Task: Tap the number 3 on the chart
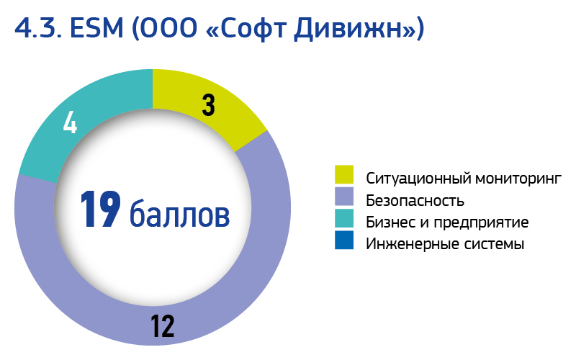(x=208, y=106)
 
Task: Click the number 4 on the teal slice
(x=70, y=123)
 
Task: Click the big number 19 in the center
(x=100, y=210)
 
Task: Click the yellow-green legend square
(x=344, y=175)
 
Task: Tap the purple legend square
(x=344, y=197)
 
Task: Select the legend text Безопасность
(x=415, y=200)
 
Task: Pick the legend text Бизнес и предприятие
(x=447, y=222)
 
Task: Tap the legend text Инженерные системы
(x=444, y=243)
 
